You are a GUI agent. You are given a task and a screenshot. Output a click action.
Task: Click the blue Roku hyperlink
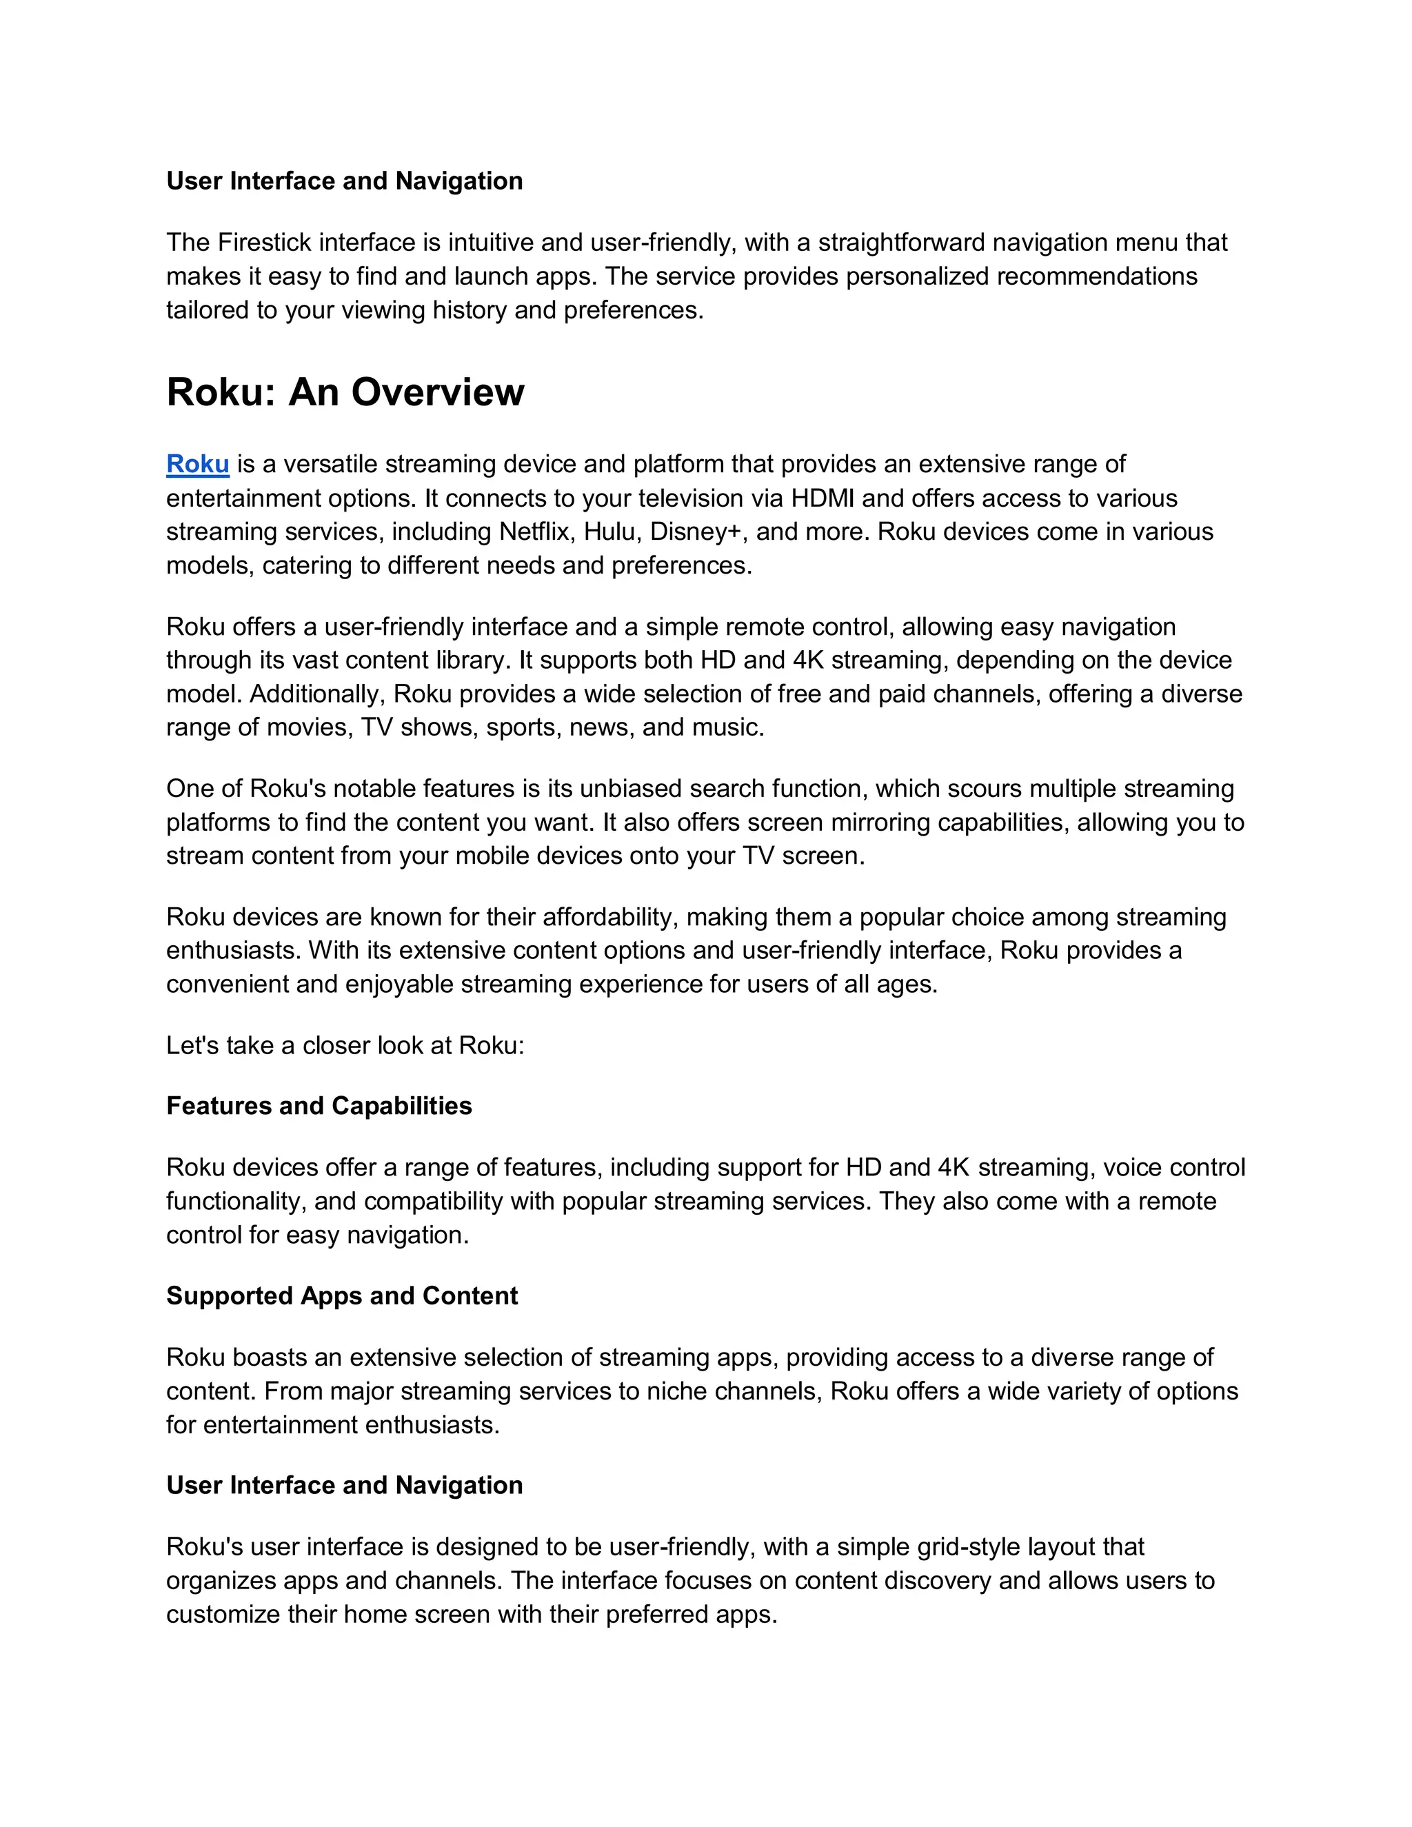[x=197, y=464]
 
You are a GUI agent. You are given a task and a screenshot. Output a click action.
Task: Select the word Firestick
[x=264, y=243]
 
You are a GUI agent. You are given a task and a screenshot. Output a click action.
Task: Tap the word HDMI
[x=823, y=498]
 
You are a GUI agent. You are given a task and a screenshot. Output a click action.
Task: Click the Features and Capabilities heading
[x=319, y=1106]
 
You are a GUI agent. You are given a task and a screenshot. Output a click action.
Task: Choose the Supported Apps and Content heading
[x=341, y=1296]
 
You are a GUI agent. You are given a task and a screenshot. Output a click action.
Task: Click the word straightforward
[x=901, y=243]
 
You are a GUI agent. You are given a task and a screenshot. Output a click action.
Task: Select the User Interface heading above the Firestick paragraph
[x=344, y=181]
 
